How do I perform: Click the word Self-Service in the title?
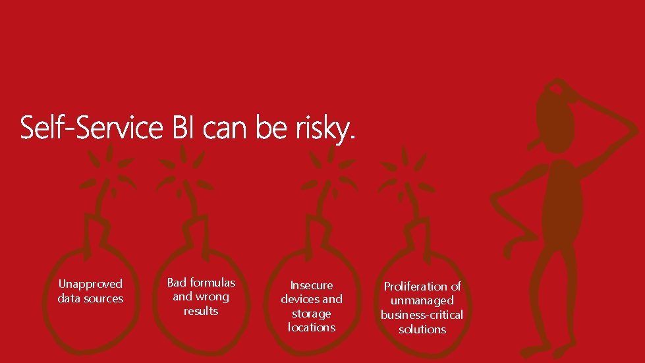[x=91, y=128]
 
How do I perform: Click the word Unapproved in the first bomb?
[x=90, y=284]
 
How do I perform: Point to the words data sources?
[x=90, y=298]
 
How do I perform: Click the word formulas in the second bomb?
[x=212, y=282]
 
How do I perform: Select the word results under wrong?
[x=201, y=311]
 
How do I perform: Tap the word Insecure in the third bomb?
[x=312, y=285]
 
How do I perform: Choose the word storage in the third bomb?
[x=312, y=314]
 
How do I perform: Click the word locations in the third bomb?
[x=312, y=327]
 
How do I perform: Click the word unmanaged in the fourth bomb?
[x=422, y=300]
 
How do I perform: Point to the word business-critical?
[x=422, y=315]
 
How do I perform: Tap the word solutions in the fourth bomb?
[x=422, y=329]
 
